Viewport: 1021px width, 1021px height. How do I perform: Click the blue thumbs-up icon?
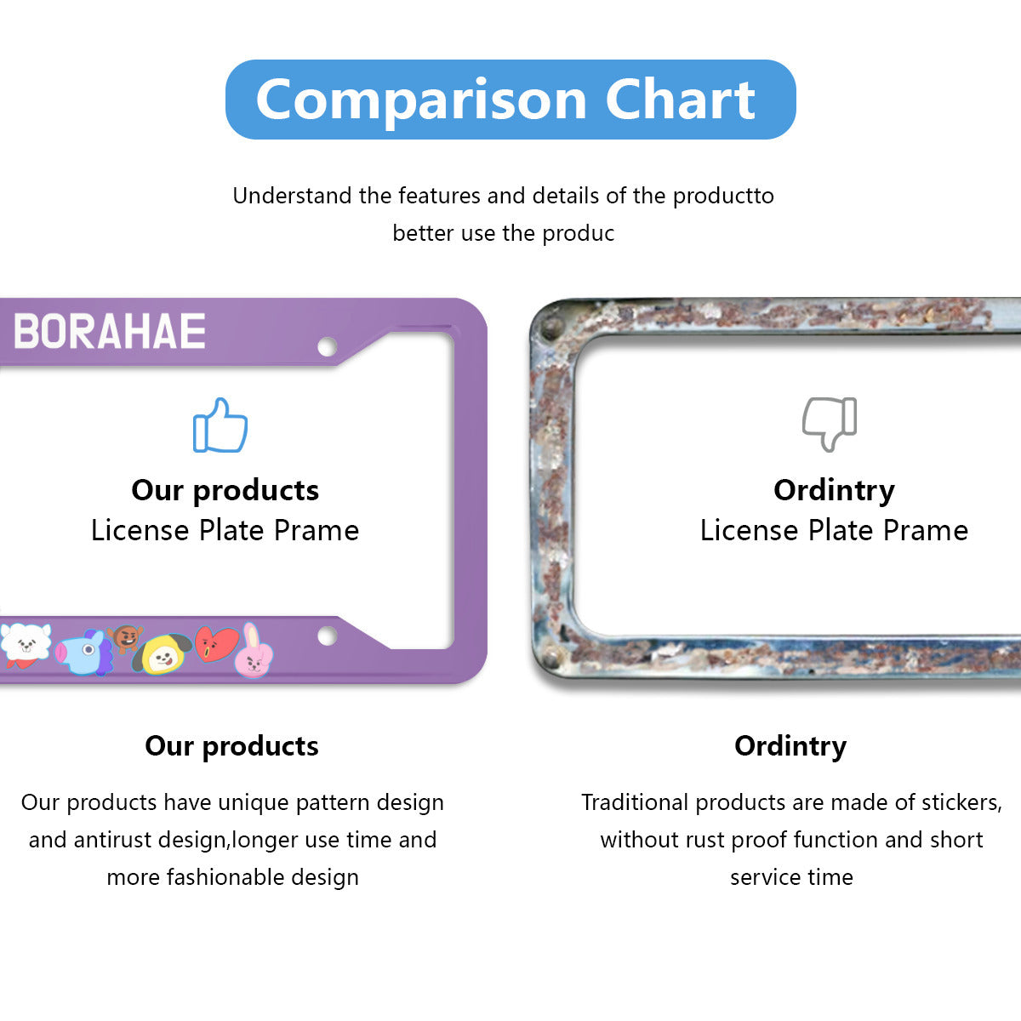tap(220, 425)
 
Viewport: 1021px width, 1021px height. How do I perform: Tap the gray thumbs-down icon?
tap(830, 424)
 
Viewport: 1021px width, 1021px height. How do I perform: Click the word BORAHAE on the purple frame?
tap(109, 331)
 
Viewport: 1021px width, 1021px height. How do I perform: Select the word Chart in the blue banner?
tap(680, 100)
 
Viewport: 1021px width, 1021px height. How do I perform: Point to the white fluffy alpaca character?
tap(25, 645)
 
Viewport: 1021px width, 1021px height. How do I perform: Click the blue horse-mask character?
tap(85, 652)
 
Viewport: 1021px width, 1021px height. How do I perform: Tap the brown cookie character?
tap(125, 638)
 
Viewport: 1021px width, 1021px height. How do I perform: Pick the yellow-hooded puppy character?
tap(162, 654)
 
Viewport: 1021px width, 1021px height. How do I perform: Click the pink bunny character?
tap(254, 652)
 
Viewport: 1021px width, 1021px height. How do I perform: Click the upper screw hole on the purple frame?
tap(327, 347)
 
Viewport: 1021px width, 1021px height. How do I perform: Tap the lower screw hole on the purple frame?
tap(327, 636)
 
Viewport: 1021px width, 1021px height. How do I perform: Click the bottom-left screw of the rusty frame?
tap(551, 659)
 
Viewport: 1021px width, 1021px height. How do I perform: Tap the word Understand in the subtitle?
tap(293, 196)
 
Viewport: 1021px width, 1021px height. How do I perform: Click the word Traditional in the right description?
tap(635, 802)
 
